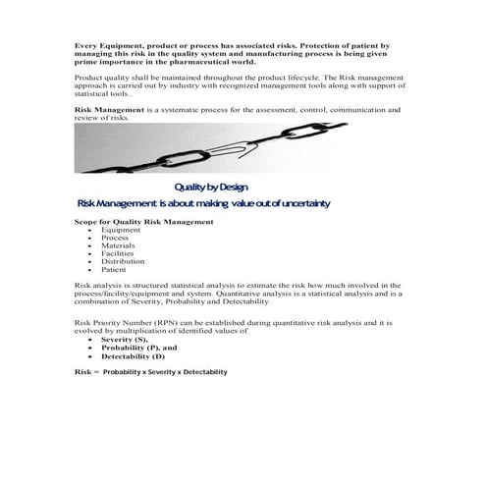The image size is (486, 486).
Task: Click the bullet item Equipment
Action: tap(121, 230)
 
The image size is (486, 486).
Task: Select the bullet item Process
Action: tap(115, 238)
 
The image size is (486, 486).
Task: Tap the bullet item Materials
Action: tap(118, 245)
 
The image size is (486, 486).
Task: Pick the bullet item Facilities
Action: tap(118, 253)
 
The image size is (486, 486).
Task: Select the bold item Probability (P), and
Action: tap(138, 348)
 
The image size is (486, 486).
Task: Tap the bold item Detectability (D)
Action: tap(133, 356)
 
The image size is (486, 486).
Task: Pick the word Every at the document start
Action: tap(86, 45)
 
